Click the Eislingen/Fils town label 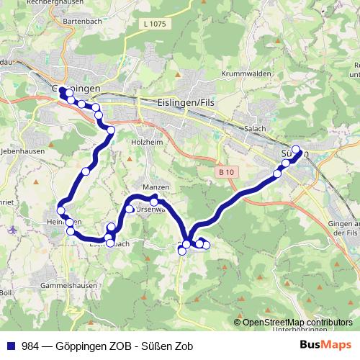(186, 103)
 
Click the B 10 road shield (226, 172)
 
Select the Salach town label (255, 128)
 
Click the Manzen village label (156, 187)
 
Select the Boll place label (6, 293)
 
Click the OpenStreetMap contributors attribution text (297, 323)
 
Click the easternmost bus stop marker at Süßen (295, 149)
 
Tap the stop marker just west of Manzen (130, 209)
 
